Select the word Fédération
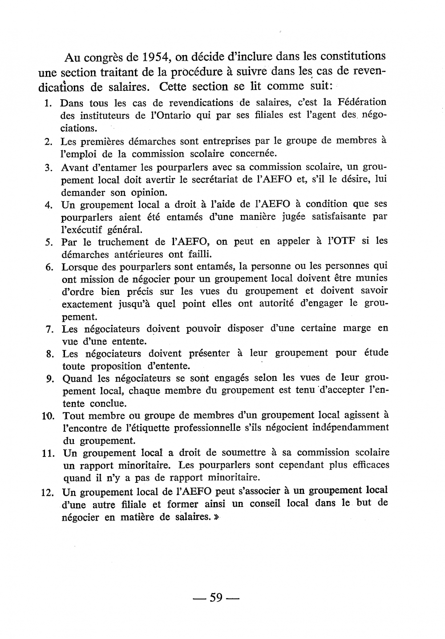362,102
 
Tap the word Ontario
165,115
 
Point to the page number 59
216,598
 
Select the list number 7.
49,330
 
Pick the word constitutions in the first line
353,57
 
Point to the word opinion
149,193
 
